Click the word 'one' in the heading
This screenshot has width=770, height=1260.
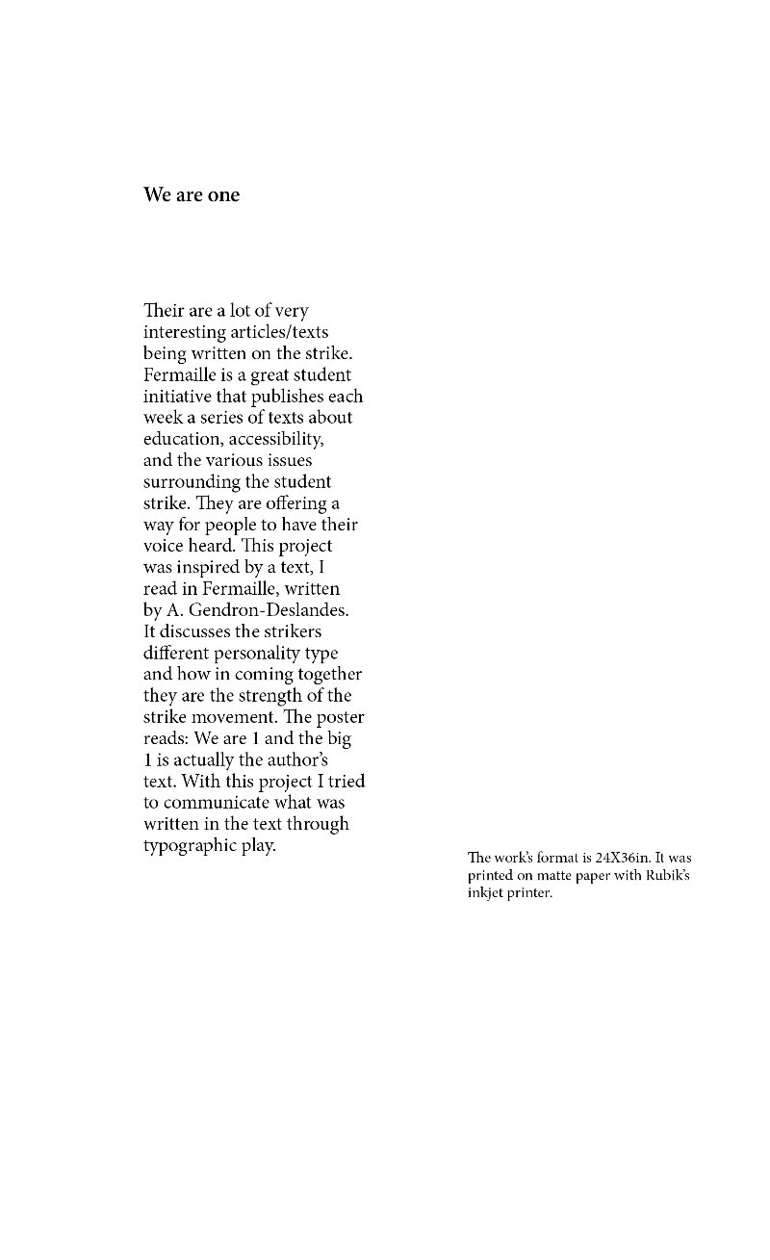coord(223,195)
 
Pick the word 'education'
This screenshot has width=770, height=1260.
coord(187,439)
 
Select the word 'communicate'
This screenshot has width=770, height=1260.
coord(216,803)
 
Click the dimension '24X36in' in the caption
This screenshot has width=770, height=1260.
coord(623,857)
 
